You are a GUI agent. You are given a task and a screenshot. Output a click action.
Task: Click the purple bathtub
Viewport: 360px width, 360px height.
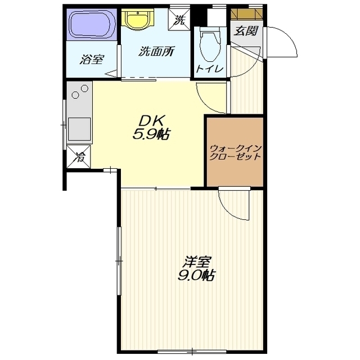pyautogui.click(x=92, y=25)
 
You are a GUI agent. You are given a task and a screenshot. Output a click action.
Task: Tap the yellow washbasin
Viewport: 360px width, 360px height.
pyautogui.click(x=137, y=19)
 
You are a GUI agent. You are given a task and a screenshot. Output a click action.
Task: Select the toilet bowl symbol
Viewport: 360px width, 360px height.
pyautogui.click(x=210, y=44)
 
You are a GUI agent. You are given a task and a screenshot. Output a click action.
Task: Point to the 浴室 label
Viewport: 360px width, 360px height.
pyautogui.click(x=92, y=59)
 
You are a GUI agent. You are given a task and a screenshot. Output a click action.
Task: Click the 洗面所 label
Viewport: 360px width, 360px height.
pyautogui.click(x=156, y=51)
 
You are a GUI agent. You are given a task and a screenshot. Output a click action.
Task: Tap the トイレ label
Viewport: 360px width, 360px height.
pyautogui.click(x=210, y=69)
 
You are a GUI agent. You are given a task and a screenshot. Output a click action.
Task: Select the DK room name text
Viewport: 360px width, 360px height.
pyautogui.click(x=151, y=121)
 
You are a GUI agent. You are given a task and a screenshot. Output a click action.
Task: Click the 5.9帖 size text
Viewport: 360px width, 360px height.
pyautogui.click(x=151, y=134)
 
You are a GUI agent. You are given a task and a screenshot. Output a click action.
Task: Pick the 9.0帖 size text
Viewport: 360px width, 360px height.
pyautogui.click(x=196, y=274)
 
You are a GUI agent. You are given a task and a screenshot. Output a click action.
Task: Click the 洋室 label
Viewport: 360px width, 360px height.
pyautogui.click(x=196, y=262)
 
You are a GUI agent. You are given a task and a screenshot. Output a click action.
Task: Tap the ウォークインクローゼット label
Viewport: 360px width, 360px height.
pyautogui.click(x=236, y=152)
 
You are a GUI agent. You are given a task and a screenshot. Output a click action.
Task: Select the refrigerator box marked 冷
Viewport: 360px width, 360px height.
pyautogui.click(x=79, y=156)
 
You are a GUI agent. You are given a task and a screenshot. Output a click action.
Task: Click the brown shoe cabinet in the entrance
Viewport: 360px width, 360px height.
pyautogui.click(x=246, y=13)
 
